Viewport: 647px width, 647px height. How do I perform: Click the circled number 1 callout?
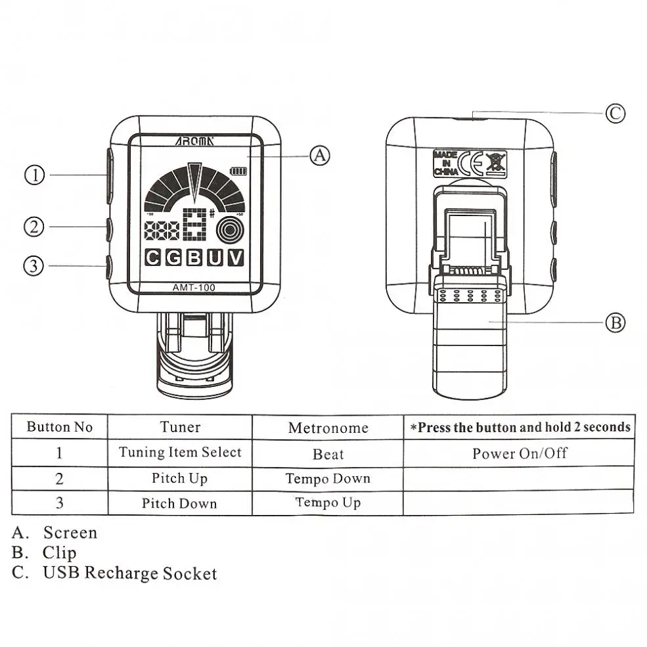[35, 175]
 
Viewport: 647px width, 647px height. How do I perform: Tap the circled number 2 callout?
[35, 227]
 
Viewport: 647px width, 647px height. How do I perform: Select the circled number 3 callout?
[35, 265]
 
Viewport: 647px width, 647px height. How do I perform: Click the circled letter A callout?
[319, 156]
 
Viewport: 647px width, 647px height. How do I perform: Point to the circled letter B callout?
[614, 323]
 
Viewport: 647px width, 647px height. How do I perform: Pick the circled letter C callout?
[614, 113]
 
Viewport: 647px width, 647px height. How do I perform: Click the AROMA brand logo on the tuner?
[194, 141]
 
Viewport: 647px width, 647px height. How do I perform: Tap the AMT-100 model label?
[194, 287]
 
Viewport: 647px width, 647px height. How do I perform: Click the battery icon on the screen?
[234, 172]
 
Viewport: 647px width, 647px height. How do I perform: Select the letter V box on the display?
[234, 257]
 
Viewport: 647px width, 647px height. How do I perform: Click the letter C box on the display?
[152, 257]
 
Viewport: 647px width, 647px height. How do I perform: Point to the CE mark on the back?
[472, 162]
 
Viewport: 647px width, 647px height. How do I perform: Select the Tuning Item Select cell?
[180, 453]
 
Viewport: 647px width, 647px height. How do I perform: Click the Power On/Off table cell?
[519, 453]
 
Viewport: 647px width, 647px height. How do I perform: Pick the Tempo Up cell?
[328, 502]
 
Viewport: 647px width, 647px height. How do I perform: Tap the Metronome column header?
[328, 428]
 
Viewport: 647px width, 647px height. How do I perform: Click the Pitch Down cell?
[179, 504]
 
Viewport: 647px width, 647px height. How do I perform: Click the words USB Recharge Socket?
[129, 573]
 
